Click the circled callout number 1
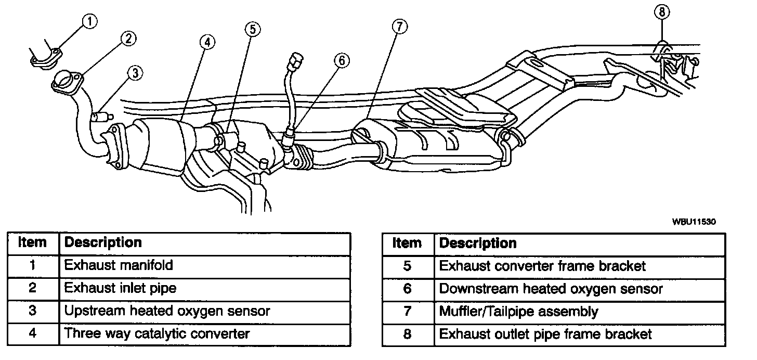pos(90,22)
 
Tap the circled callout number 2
pos(128,38)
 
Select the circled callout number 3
pos(135,73)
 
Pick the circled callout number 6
pos(341,61)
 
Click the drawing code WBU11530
pos(694,222)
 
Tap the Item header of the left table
pos(32,242)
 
